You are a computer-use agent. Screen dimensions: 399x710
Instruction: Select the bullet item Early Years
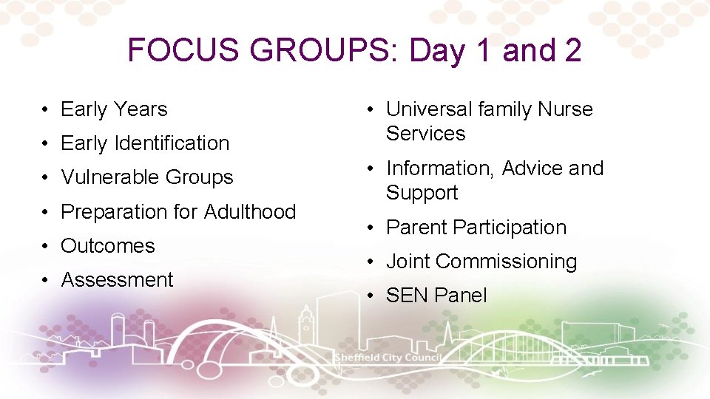114,109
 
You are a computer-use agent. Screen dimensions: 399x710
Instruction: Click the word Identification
172,143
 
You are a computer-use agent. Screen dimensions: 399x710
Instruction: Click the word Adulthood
249,212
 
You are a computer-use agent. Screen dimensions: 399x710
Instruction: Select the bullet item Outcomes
108,246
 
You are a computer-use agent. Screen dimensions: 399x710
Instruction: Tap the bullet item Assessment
117,280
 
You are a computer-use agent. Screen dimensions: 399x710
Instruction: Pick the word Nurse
565,109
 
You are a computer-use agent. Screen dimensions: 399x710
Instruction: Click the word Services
425,134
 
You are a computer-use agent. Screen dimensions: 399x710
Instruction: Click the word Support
422,193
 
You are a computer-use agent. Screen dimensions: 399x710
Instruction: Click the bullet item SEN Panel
436,296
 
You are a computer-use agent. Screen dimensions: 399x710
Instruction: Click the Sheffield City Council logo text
388,358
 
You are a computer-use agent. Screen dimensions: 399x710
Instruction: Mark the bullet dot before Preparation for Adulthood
46,212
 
